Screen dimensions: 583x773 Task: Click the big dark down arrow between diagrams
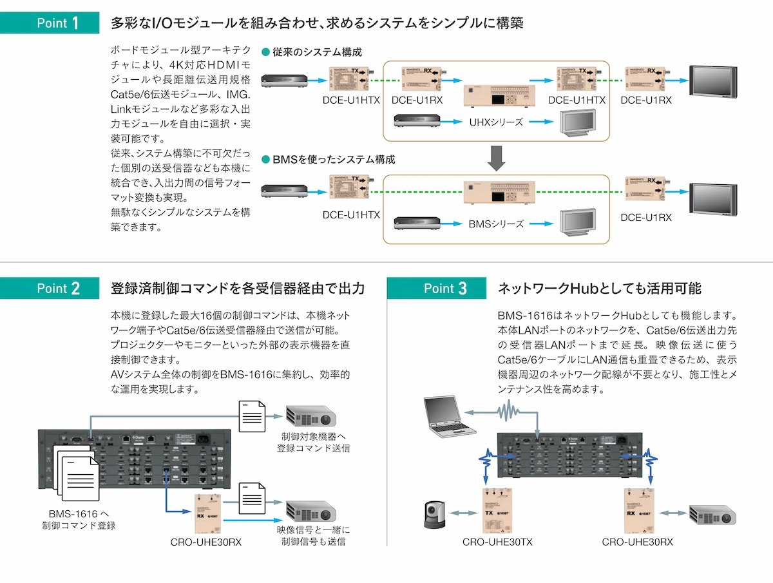point(495,158)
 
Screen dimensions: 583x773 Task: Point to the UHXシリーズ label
point(496,122)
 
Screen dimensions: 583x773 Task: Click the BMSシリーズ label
point(496,224)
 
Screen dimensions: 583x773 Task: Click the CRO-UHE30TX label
point(497,542)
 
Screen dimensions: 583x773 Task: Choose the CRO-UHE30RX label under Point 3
point(637,542)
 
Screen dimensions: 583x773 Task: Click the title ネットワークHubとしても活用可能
point(600,289)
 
